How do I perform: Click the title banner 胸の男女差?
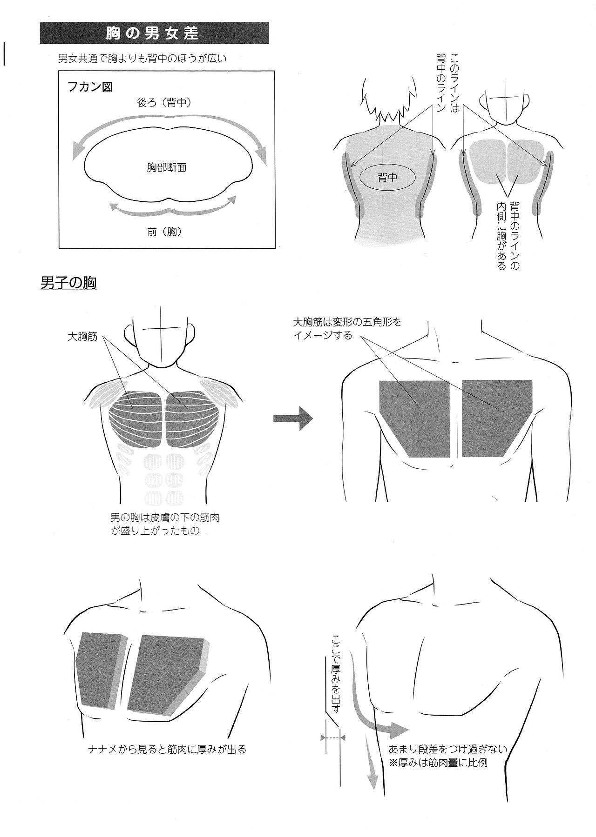click(154, 33)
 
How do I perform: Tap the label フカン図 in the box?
click(90, 87)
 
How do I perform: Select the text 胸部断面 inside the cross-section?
click(167, 168)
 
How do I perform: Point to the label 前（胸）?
click(164, 232)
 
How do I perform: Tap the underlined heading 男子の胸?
click(68, 283)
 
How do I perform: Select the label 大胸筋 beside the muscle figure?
click(82, 336)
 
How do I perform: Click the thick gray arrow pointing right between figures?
click(293, 418)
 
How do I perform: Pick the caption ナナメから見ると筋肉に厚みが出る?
click(167, 749)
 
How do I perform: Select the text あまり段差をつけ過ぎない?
click(447, 749)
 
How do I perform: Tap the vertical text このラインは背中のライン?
click(447, 83)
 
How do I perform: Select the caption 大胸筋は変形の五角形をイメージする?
click(346, 328)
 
